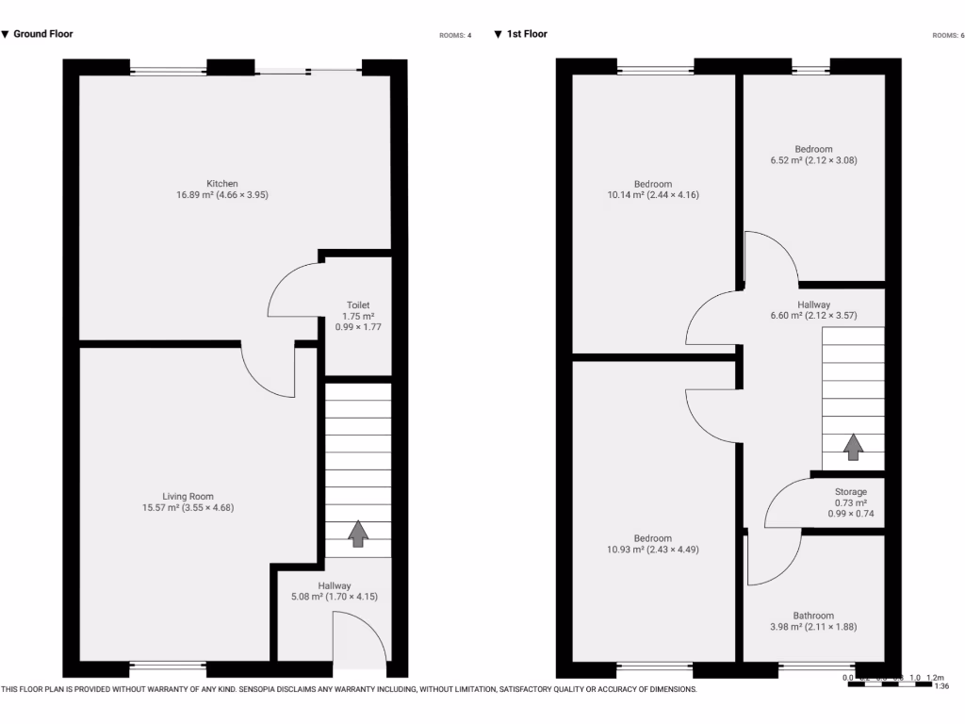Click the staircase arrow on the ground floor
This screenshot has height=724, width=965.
pos(358,534)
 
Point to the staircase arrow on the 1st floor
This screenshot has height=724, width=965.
pos(853,447)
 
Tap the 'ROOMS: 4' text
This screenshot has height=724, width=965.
pos(455,36)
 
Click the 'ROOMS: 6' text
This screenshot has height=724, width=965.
pos(945,36)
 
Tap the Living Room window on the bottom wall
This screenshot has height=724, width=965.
pos(168,667)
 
